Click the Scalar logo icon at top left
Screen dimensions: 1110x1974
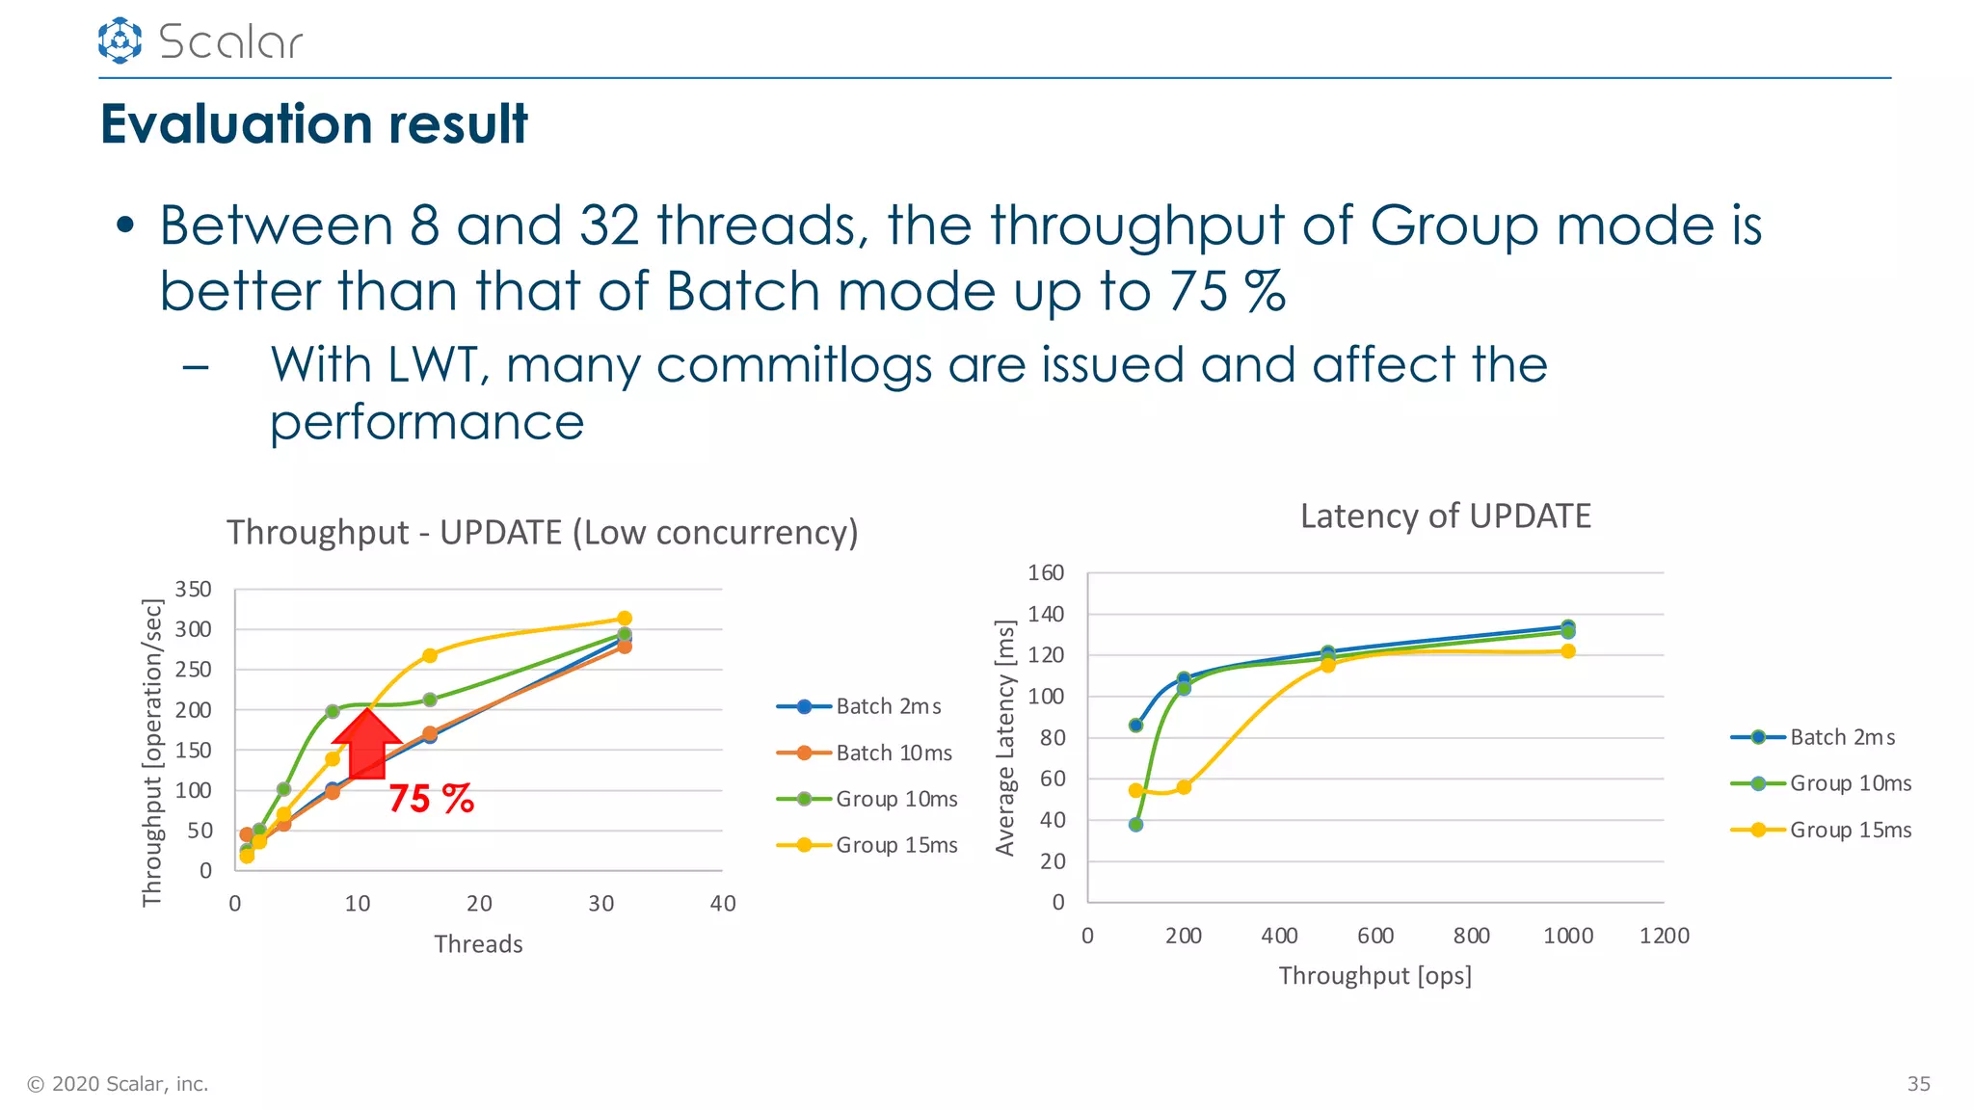pyautogui.click(x=120, y=40)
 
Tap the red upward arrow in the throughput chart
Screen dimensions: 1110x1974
pyautogui.click(x=366, y=743)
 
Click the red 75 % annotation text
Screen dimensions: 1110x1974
pyautogui.click(x=431, y=799)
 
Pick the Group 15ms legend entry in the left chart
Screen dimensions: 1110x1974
pyautogui.click(x=867, y=845)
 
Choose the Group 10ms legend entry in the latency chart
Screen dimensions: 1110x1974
pyautogui.click(x=1821, y=783)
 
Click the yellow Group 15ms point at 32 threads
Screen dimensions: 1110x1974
pyautogui.click(x=624, y=619)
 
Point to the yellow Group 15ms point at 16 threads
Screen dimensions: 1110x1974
pyautogui.click(x=430, y=655)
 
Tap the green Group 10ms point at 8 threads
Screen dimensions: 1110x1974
pyautogui.click(x=333, y=711)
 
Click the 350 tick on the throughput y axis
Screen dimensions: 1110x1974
pyautogui.click(x=193, y=589)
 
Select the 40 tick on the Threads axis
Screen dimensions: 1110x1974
pyautogui.click(x=722, y=904)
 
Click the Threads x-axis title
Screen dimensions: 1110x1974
pyautogui.click(x=478, y=944)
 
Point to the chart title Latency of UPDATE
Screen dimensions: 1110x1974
pyautogui.click(x=1445, y=516)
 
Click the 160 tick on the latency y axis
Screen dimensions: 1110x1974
pyautogui.click(x=1046, y=573)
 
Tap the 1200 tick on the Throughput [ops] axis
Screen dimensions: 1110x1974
pyautogui.click(x=1664, y=936)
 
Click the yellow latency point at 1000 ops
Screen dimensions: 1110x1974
pyautogui.click(x=1568, y=651)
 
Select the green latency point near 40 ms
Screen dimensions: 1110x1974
pyautogui.click(x=1135, y=825)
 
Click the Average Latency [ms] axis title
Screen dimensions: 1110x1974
pyautogui.click(x=1005, y=737)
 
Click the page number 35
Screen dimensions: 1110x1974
pyautogui.click(x=1918, y=1084)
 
